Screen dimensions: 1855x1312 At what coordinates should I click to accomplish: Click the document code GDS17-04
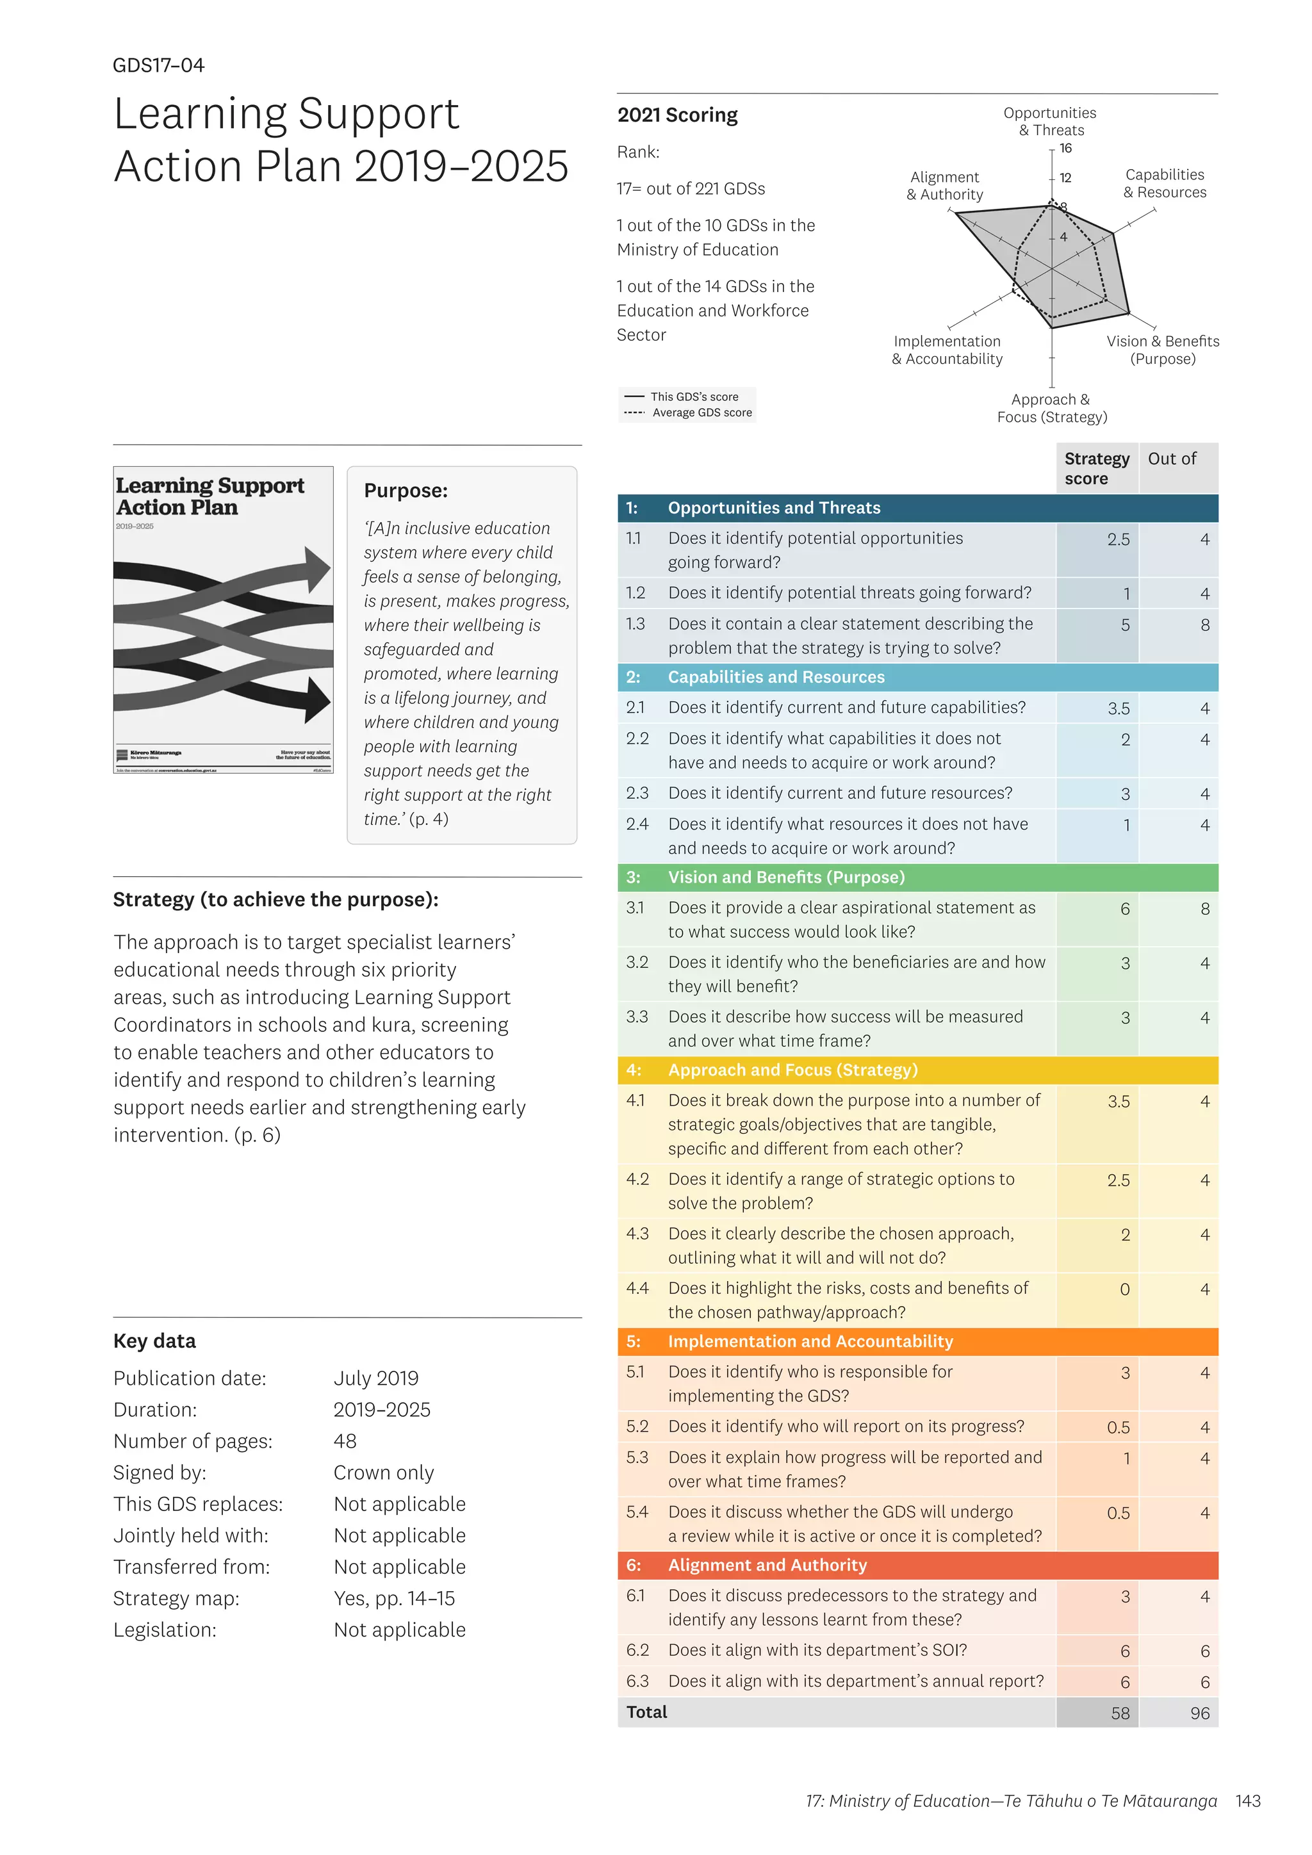158,65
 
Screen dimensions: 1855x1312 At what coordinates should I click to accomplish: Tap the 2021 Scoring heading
677,115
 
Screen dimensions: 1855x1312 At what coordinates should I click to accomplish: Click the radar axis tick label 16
1065,148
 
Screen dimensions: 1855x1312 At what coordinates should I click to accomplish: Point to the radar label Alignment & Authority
944,186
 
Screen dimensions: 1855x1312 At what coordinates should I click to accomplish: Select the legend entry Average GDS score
701,413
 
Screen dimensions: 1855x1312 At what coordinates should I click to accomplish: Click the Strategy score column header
1096,469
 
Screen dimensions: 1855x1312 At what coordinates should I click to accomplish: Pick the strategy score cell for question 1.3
1124,625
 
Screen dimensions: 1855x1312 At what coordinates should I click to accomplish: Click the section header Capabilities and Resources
776,677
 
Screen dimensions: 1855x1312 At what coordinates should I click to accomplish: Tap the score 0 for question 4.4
1124,1289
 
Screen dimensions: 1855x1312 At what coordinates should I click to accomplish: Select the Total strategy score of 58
1120,1713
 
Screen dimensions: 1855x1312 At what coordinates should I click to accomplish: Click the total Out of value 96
1200,1713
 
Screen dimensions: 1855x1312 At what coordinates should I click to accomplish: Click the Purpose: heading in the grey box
406,491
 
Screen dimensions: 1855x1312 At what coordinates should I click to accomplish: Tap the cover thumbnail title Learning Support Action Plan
209,496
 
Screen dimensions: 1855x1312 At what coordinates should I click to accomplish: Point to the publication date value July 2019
375,1378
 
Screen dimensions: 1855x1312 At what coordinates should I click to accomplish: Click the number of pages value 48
345,1441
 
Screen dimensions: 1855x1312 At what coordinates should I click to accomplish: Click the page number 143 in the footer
1248,1801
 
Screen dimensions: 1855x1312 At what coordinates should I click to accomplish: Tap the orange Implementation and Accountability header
810,1341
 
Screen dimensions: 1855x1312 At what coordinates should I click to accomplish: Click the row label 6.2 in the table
637,1651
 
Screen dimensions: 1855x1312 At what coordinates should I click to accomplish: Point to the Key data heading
154,1341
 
